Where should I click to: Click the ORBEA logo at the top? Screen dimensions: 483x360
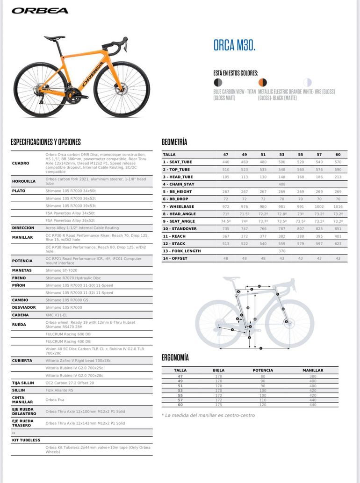[x=40, y=11]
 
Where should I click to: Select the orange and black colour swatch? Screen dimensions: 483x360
[x=263, y=82]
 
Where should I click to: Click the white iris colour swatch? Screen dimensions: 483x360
[x=307, y=82]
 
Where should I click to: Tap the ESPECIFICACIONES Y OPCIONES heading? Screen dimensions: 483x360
[x=46, y=142]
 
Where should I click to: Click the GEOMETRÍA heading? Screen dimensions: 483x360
[x=174, y=142]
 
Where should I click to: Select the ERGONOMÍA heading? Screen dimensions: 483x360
[x=175, y=358]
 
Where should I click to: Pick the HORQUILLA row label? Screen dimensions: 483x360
[x=24, y=181]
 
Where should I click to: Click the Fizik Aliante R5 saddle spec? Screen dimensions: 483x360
[x=59, y=390]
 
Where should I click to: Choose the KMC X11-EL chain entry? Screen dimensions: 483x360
[x=57, y=315]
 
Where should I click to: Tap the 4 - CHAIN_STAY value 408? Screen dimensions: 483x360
[x=282, y=184]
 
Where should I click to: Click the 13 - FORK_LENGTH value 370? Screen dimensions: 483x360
[x=282, y=251]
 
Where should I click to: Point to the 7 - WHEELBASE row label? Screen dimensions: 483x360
[x=179, y=206]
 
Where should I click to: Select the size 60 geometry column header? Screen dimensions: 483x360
[x=338, y=154]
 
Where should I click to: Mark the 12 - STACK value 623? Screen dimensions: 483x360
[x=338, y=243]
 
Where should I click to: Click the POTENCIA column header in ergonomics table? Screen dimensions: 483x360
[x=263, y=370]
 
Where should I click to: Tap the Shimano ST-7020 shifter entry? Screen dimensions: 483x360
[x=62, y=270]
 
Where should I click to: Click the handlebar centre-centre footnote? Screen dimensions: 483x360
[x=209, y=415]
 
